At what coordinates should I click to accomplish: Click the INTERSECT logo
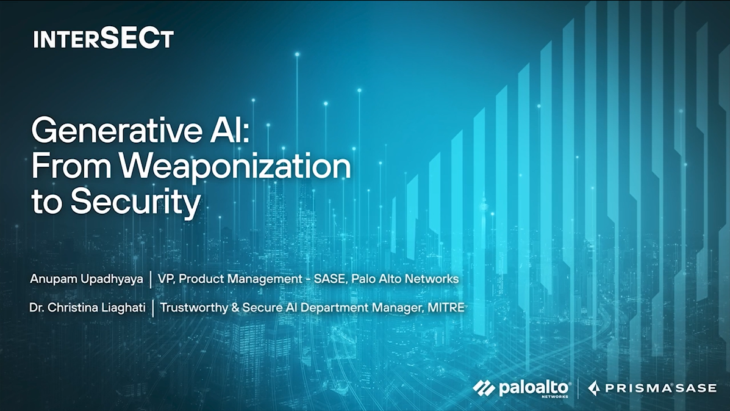point(103,38)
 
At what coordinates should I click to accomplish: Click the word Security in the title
point(135,203)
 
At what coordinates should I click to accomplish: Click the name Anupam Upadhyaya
point(87,278)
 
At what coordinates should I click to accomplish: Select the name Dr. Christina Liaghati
point(88,308)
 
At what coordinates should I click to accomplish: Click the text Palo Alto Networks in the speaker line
point(405,278)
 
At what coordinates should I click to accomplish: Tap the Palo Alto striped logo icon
point(484,388)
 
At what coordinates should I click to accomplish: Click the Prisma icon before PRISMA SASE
point(593,388)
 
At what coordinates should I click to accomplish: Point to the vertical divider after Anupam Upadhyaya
point(151,280)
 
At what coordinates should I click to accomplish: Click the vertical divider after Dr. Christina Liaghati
point(153,308)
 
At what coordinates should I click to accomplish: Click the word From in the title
point(72,166)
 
